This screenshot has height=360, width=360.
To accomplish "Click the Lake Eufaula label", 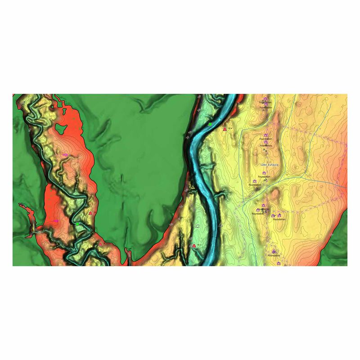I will tap(270, 165).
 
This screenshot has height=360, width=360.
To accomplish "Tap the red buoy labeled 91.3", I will tap(194, 245).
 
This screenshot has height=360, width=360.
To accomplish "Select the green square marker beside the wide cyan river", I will tap(210, 124).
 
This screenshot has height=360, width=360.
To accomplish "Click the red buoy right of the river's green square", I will tap(224, 129).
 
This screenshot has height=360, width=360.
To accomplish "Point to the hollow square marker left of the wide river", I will tap(198, 224).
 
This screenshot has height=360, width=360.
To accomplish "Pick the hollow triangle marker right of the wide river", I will tap(220, 224).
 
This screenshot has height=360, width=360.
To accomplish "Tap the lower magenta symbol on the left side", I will tap(56, 221).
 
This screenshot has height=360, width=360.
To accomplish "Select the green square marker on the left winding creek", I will tap(77, 224).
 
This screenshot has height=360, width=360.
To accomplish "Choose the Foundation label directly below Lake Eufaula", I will tap(265, 176).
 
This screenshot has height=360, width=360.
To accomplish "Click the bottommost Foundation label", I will tap(274, 256).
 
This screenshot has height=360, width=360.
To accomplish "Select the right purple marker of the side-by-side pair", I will tap(279, 216).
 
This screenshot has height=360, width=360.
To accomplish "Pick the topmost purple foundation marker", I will tap(265, 99).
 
